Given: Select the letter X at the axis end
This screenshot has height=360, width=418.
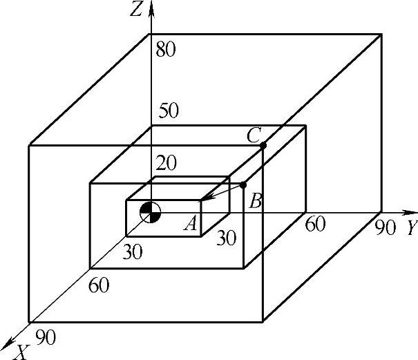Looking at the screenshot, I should (x=22, y=352).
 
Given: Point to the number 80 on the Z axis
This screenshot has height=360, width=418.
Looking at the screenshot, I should (x=166, y=50).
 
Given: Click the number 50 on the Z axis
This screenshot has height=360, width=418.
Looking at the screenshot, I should (x=169, y=111).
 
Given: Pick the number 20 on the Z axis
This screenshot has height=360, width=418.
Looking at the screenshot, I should (x=165, y=163).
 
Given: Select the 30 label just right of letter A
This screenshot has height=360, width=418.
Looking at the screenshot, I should (x=226, y=238).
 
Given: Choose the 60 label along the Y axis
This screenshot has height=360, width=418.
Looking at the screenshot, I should (x=315, y=225).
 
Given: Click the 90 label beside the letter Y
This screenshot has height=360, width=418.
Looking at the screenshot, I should (x=386, y=227).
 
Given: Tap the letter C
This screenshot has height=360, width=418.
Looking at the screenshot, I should (x=253, y=135).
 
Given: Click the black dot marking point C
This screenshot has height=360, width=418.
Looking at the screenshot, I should (x=263, y=145).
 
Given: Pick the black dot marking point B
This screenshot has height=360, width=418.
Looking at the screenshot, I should (x=243, y=184).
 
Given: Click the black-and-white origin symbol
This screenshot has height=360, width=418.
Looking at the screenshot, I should (x=151, y=212).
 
